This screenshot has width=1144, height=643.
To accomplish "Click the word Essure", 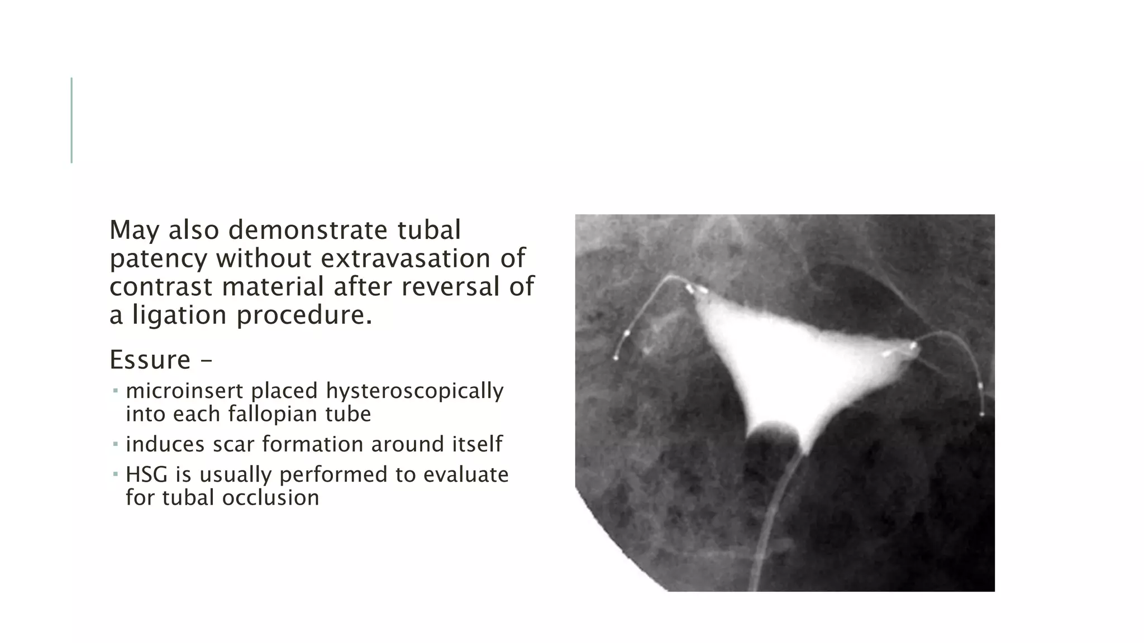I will (x=150, y=359).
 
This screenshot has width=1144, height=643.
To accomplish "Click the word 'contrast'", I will (x=161, y=287).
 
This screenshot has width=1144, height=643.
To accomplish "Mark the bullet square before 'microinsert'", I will (x=115, y=391).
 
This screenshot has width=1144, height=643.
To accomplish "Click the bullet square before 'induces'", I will (x=115, y=444).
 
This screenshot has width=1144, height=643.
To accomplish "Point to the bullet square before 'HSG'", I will (x=115, y=474).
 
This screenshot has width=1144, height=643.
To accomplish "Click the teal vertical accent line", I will (x=71, y=120).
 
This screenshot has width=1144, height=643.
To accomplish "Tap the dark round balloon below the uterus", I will (x=773, y=444).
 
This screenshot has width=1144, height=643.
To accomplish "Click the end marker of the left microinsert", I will (x=616, y=358).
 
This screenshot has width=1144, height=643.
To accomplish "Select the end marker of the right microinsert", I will (x=982, y=414).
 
